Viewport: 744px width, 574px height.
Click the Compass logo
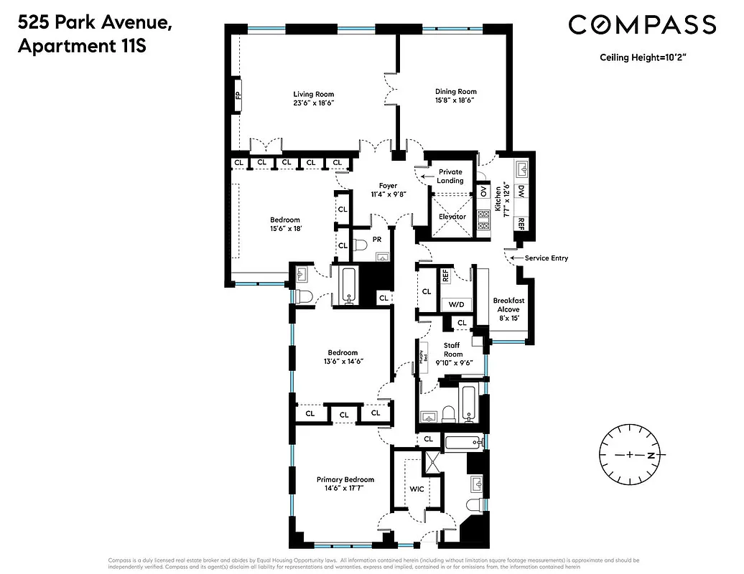(642, 25)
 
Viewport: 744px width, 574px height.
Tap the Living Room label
(313, 94)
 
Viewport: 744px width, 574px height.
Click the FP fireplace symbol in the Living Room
(237, 95)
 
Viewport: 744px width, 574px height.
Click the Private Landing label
(450, 177)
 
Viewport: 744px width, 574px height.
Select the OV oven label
(483, 192)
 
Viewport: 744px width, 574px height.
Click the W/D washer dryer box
(456, 304)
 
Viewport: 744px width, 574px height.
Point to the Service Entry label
(546, 258)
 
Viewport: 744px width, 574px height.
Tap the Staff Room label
(452, 349)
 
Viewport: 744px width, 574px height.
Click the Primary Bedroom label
(345, 479)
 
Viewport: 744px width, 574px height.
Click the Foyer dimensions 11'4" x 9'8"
(388, 194)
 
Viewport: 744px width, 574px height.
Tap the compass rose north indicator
(651, 456)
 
